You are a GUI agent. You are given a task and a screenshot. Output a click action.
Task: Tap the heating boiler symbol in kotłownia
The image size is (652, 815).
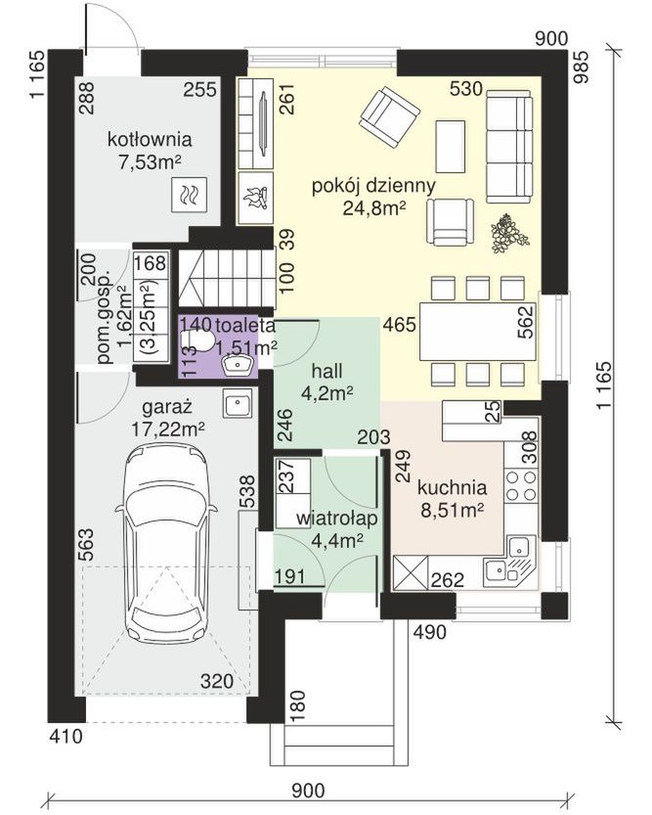click(189, 195)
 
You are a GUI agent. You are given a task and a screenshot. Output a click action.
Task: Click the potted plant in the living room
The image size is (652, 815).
click(509, 235)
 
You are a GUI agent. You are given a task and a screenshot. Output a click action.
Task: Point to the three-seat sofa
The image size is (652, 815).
click(509, 146)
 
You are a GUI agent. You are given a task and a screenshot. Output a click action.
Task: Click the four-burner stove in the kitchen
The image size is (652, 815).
click(521, 485)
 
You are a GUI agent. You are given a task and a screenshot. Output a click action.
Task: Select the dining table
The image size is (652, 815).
click(478, 332)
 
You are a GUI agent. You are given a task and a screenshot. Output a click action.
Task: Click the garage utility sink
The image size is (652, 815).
click(238, 404)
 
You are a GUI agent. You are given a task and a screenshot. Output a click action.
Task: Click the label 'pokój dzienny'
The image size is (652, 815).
click(373, 186)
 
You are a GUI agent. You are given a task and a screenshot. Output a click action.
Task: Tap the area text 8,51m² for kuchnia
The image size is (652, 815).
click(452, 511)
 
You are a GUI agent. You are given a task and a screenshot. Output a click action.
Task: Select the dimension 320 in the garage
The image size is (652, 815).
click(216, 681)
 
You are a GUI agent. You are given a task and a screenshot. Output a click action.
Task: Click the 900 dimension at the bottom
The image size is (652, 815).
click(308, 791)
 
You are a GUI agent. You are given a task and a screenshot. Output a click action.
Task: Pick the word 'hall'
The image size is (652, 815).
click(327, 371)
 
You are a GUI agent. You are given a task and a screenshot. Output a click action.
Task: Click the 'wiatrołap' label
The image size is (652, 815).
click(337, 519)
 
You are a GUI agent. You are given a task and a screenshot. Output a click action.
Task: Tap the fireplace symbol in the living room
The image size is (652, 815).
click(255, 198)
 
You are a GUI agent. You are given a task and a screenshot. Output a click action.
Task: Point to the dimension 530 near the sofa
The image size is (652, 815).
click(465, 89)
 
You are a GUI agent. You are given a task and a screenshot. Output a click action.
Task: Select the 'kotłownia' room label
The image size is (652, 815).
click(150, 139)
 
